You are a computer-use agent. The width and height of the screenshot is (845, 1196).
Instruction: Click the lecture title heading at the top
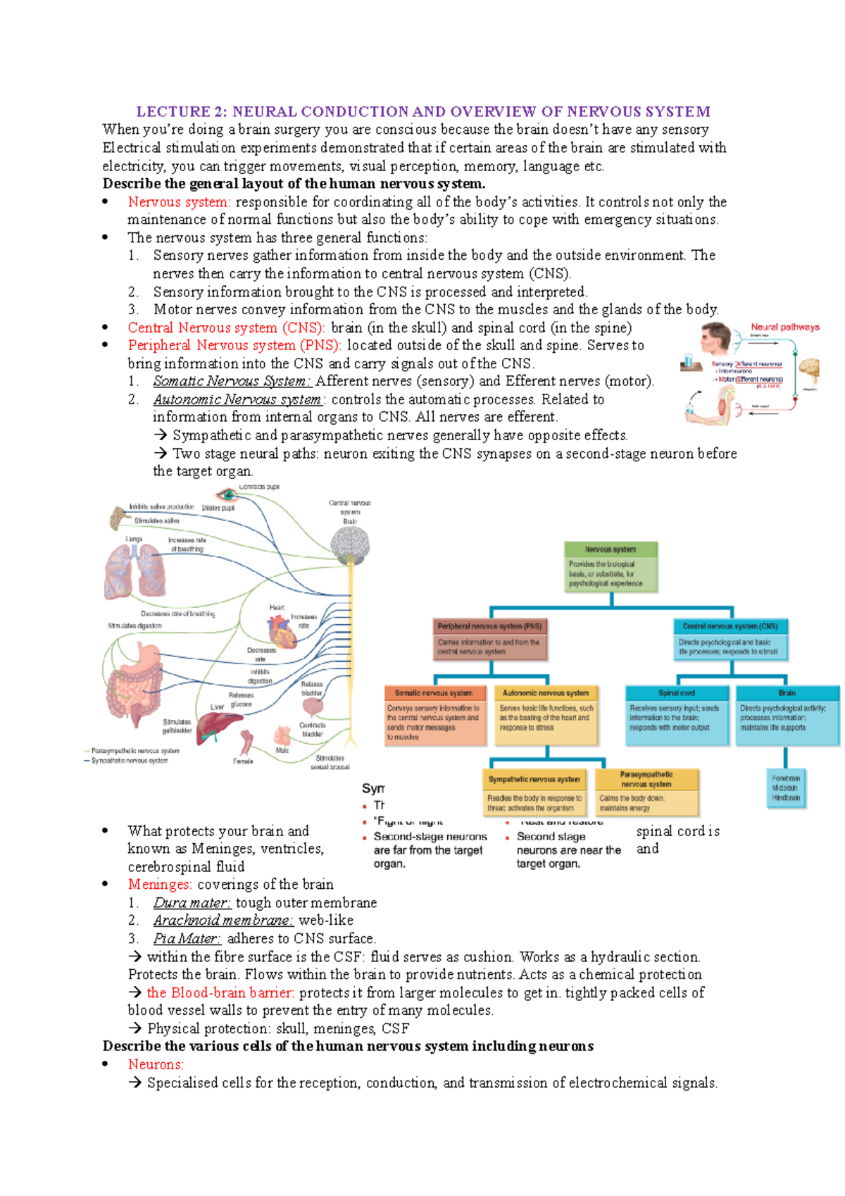[x=423, y=111]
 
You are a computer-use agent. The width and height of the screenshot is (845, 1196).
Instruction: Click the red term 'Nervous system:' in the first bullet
[x=178, y=202]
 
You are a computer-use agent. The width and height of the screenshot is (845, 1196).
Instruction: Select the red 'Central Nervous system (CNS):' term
[x=226, y=328]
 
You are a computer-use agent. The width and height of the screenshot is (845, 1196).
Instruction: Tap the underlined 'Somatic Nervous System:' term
[x=232, y=382]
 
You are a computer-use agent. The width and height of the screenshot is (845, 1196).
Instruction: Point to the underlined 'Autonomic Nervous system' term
[x=237, y=399]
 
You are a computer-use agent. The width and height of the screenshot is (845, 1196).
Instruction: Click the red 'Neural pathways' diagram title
[x=784, y=327]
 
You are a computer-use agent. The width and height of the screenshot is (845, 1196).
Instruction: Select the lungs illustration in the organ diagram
[x=134, y=571]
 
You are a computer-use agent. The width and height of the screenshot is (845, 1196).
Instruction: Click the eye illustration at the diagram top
[x=227, y=494]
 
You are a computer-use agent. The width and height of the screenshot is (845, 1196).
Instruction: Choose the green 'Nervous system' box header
[x=611, y=549]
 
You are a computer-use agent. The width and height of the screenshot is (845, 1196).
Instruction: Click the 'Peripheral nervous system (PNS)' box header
[x=490, y=626]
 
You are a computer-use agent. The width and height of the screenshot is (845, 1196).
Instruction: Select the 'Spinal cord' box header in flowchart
[x=677, y=693]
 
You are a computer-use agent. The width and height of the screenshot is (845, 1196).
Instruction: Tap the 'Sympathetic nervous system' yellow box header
[x=534, y=780]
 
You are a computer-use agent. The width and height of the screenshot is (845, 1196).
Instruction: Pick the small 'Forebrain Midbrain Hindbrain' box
[x=786, y=788]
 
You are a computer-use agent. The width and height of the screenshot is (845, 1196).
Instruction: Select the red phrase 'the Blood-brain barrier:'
[x=220, y=993]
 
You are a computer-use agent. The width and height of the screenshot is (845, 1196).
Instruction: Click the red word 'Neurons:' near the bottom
[x=156, y=1065]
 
